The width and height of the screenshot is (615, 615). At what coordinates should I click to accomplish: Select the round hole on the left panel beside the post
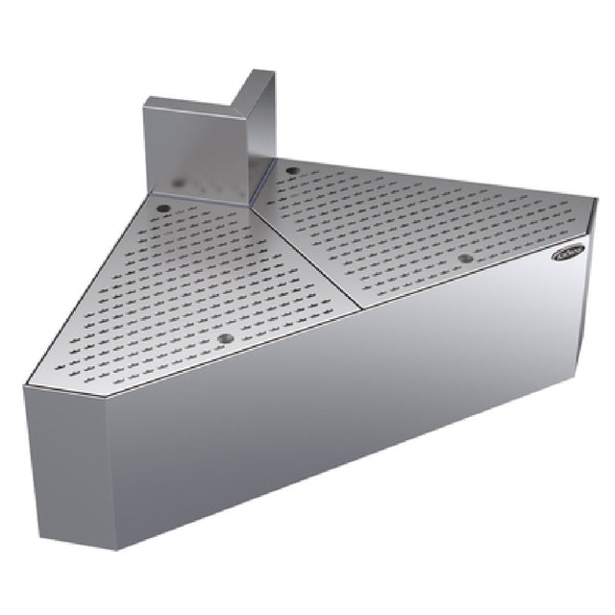(163, 209)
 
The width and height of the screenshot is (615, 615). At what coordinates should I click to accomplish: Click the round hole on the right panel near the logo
(466, 258)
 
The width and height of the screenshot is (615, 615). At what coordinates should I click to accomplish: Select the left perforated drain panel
(192, 279)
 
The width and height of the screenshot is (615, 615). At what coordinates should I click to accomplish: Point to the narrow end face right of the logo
(582, 288)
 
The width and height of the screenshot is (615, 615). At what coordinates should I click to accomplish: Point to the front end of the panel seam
(361, 308)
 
